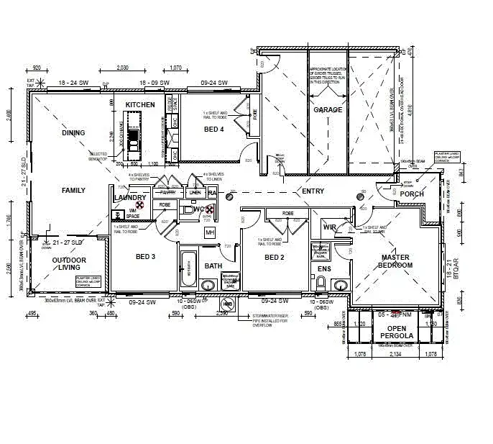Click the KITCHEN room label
(139, 105)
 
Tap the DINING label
(73, 132)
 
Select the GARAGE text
(327, 110)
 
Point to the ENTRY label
(313, 191)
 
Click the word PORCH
(412, 194)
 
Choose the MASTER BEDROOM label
(396, 261)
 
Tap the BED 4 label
(214, 130)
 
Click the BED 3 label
(146, 257)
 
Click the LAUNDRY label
(130, 198)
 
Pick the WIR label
(330, 227)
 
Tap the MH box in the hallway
(211, 233)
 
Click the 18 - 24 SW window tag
(73, 83)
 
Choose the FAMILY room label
(73, 191)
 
